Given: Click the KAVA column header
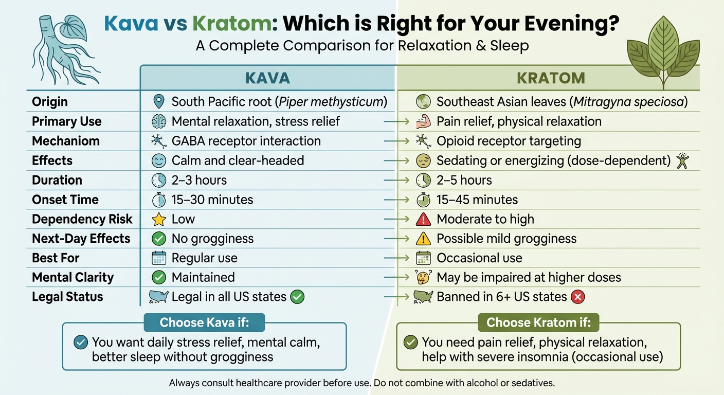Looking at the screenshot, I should [267, 78].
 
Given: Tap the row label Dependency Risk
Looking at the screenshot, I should [82, 219].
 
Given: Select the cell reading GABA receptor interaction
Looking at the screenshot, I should [246, 141].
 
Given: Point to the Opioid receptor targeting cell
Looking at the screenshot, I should [508, 141].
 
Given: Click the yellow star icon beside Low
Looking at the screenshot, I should [159, 220].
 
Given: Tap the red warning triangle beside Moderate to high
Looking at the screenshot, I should [423, 220].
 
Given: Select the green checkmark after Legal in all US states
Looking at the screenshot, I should [297, 297].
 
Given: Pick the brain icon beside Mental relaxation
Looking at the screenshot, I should [159, 122].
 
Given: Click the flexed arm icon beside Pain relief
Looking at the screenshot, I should [423, 122].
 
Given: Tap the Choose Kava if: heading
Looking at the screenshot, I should [204, 322].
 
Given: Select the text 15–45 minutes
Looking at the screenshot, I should [477, 200].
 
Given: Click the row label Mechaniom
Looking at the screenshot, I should [66, 141].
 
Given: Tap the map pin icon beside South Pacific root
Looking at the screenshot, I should [159, 102].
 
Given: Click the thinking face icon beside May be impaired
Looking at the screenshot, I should [423, 278].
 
